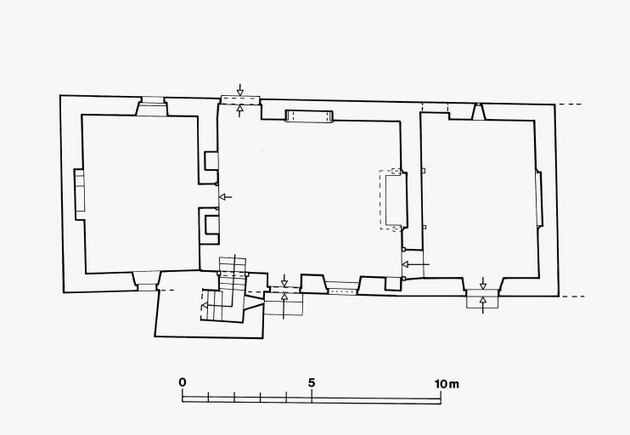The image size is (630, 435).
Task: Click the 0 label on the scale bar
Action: pos(183,382)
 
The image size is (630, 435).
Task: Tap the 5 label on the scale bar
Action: pos(312,382)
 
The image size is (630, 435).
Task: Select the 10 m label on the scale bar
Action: pos(447,384)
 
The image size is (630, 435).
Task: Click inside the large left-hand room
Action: pos(141,193)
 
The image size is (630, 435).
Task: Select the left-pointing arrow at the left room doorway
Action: pos(226,197)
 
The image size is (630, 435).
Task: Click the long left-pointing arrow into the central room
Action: pos(416,264)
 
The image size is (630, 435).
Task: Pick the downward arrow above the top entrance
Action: pos(240,90)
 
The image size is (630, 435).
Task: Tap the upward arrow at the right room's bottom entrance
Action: pos(483,305)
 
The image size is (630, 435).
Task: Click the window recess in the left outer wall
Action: pos(80,195)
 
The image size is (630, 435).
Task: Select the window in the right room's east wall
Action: pos(538,198)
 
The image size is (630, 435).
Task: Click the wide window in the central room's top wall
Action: pos(308,116)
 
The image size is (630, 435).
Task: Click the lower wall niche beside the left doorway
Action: pos(211,224)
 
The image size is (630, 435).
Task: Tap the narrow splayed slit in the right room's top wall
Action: pos(478,111)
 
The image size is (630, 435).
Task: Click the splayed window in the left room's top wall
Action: pos(152,106)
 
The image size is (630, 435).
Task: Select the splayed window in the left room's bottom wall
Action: pos(147,280)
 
